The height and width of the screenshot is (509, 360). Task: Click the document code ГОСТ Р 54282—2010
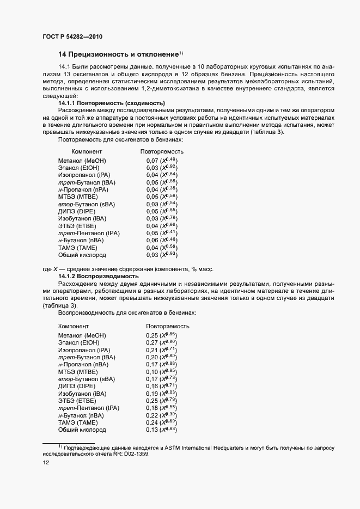pyautogui.click(x=72, y=36)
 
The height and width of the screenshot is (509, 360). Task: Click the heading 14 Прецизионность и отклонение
pyautogui.click(x=118, y=54)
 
